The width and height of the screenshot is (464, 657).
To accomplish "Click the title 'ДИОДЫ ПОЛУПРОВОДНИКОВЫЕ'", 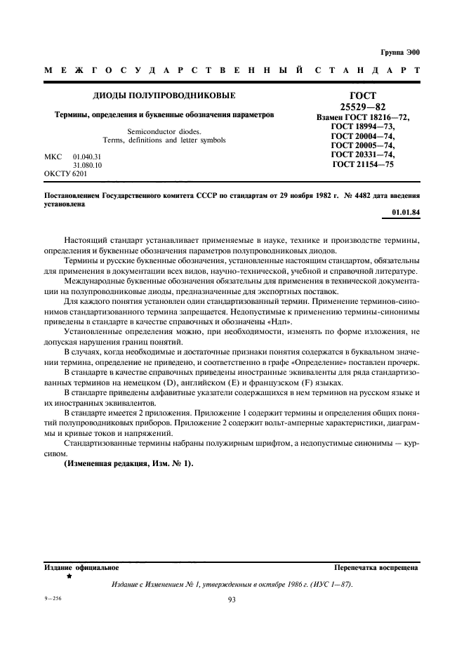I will click(164, 95).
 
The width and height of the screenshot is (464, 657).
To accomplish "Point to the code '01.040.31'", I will click(87, 155).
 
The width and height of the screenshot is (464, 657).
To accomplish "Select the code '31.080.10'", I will click(87, 164).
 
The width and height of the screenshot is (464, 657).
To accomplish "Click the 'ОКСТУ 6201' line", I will click(65, 173).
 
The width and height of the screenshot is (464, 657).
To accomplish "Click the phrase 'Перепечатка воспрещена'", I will click(376, 567).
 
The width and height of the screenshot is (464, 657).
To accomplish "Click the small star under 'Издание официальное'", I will click(69, 576).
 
